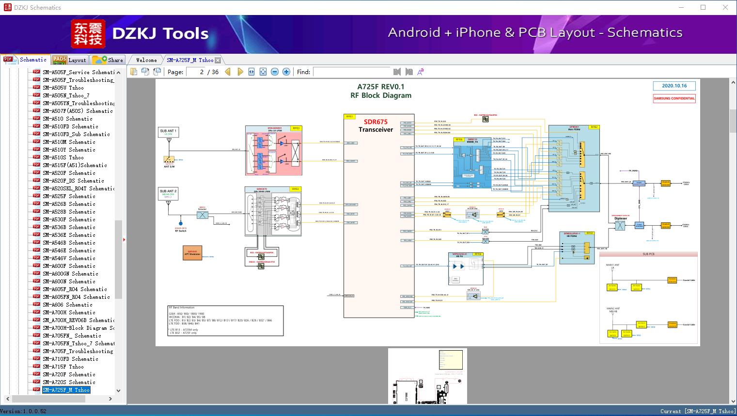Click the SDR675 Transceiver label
coord(376,125)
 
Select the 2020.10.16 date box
coord(674,86)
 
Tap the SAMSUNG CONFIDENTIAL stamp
coord(674,98)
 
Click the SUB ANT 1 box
coord(168,132)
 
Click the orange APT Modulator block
coord(192,253)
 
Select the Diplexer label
coord(620,218)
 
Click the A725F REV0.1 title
coord(381,87)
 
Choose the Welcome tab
coord(146,60)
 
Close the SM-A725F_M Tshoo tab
coord(218,60)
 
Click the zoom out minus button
coord(275,72)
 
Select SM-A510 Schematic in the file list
coord(67,119)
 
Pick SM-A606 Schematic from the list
coord(67,305)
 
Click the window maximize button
coord(703,7)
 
